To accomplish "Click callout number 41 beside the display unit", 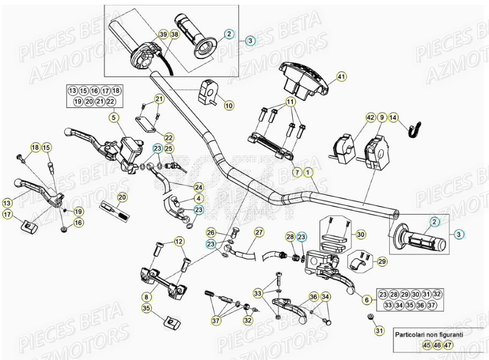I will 341,77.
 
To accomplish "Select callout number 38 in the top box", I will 174,34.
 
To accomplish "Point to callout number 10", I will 229,106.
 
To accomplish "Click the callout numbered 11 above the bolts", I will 290,102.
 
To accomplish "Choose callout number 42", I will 370,117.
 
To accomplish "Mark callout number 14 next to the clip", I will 393,117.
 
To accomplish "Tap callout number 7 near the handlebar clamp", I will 296,173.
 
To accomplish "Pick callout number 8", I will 145,296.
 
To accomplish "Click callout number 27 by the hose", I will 259,232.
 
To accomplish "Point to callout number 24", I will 199,187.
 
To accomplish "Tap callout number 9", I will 382,117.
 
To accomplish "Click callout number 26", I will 211,232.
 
